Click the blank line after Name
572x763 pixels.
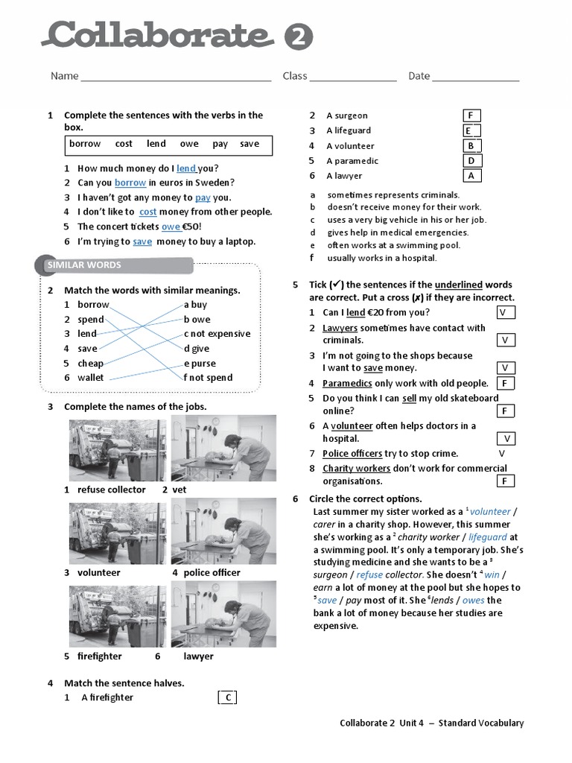click(176, 77)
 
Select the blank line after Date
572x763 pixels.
click(475, 77)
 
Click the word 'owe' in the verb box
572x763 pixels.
click(189, 144)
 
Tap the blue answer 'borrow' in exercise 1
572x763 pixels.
click(130, 183)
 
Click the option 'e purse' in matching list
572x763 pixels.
click(200, 364)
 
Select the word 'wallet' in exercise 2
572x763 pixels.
click(91, 378)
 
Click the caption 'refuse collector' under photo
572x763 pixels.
click(112, 490)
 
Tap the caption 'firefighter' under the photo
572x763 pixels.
click(100, 656)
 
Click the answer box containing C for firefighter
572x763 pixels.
click(228, 697)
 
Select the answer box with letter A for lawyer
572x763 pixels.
click(471, 176)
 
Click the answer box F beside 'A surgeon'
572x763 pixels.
click(471, 115)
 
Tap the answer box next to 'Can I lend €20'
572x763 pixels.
click(504, 313)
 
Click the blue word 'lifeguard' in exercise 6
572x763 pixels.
click(488, 536)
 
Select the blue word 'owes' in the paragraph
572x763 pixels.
click(472, 601)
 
